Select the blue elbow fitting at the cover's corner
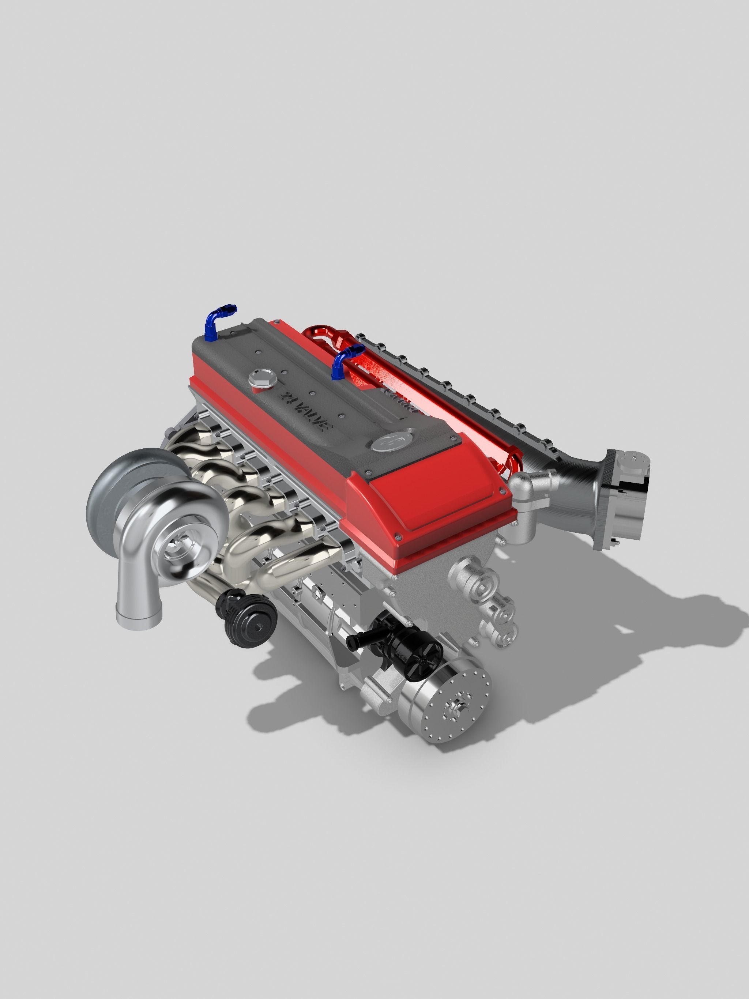[219, 321]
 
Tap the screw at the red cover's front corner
[398, 538]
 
